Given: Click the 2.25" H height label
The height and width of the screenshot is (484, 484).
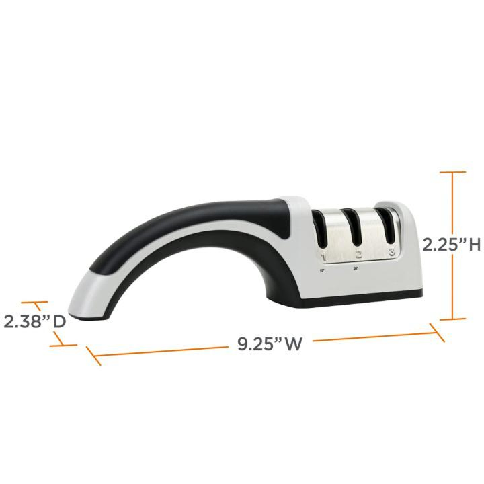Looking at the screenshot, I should pos(451,245).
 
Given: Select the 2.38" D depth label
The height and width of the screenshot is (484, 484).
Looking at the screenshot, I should pos(34,321).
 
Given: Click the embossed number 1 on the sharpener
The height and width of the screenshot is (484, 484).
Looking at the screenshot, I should pos(324,255).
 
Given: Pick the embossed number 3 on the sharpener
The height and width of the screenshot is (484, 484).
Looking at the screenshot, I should pos(391,251).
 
